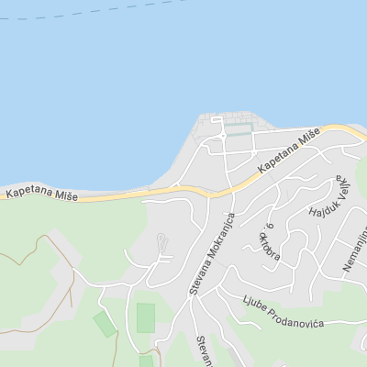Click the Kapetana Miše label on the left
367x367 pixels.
point(42,194)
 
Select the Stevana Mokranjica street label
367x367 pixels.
point(212,254)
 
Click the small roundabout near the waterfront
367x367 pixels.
point(221,137)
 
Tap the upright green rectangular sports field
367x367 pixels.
point(146,318)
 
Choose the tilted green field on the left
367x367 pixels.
point(105,323)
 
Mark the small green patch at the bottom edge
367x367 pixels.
point(146,361)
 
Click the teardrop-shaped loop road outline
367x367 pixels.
point(161,243)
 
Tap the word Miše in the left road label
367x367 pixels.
point(66,195)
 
